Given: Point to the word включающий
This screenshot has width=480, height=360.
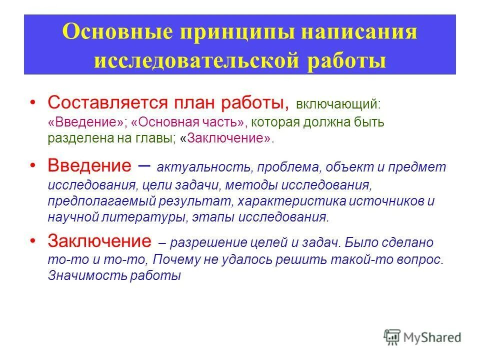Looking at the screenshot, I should pyautogui.click(x=337, y=104).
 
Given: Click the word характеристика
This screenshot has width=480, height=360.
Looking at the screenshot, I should pyautogui.click(x=281, y=201).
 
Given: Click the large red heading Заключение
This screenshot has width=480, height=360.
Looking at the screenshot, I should pyautogui.click(x=99, y=241).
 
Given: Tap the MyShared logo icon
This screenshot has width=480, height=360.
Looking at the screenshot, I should pyautogui.click(x=392, y=336).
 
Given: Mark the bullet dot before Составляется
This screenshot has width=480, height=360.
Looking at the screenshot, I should pyautogui.click(x=32, y=102).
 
